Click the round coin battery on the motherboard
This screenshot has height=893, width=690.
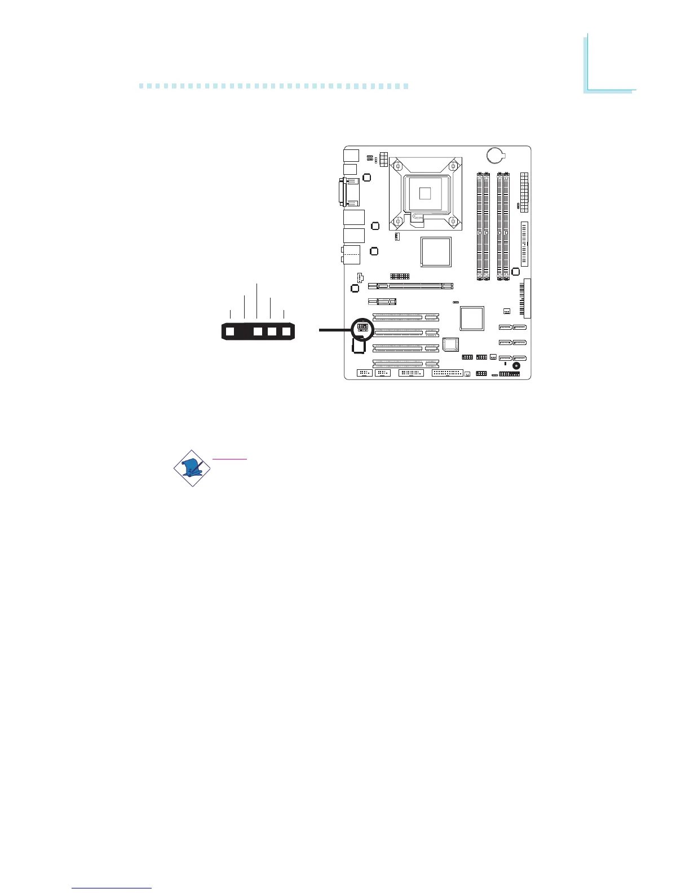tap(495, 154)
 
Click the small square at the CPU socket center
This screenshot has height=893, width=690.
tap(426, 193)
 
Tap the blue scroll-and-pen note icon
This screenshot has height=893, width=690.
tap(192, 468)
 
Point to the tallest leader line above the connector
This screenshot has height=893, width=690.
tap(257, 302)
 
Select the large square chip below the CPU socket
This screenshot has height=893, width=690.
tap(436, 251)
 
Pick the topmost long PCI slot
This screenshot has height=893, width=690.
tap(406, 317)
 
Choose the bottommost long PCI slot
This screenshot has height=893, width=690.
tap(406, 364)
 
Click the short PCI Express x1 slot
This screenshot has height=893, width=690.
tap(382, 301)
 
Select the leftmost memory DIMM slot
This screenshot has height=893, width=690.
tap(479, 226)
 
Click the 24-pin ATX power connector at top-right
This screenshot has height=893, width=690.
tap(524, 192)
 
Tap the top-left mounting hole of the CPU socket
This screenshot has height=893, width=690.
tap(399, 166)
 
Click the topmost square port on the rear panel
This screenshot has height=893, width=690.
tap(351, 154)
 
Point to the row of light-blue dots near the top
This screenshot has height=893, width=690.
tap(273, 87)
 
